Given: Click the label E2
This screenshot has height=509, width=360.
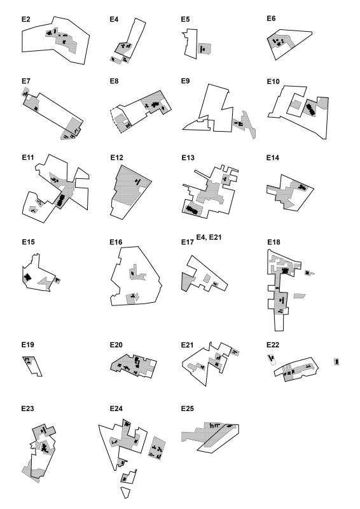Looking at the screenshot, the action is (25, 19).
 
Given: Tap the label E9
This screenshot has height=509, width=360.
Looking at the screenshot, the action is (185, 81).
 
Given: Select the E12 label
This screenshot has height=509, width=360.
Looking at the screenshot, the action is (116, 157).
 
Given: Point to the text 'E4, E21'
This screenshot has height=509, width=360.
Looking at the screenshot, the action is (209, 237).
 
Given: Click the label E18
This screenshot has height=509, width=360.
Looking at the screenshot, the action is (273, 242).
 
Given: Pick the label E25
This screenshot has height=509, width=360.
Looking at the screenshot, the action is (187, 408).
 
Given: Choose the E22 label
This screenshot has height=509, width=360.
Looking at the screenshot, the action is (273, 345).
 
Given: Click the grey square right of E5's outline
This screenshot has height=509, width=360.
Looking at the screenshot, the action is (205, 49).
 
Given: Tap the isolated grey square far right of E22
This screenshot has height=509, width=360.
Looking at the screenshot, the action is (336, 361).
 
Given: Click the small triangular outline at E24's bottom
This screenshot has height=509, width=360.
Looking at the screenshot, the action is (125, 491).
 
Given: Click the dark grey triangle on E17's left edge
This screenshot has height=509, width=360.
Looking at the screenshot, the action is (186, 282).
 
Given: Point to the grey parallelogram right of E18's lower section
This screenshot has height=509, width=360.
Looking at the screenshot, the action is (300, 296).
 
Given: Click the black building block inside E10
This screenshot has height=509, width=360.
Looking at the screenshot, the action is (310, 109).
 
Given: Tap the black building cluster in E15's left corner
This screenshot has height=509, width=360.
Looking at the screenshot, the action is (27, 277).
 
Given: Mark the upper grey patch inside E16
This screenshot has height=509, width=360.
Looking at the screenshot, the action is (137, 274).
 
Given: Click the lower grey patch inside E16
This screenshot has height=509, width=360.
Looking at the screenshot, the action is (132, 298).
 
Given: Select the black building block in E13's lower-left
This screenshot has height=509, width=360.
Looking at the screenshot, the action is (192, 209).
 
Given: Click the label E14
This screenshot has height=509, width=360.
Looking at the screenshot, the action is (273, 158).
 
